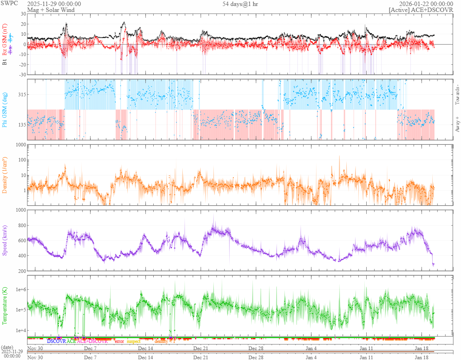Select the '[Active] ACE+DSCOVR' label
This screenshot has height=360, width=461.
tap(421, 10)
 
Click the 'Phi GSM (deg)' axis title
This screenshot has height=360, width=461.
tap(5, 109)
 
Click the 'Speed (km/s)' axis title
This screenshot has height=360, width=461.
tap(5, 240)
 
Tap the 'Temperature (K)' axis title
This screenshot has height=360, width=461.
tap(5, 306)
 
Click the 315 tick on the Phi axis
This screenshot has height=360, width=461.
tap(21, 94)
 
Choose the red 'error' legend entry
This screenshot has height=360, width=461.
tap(119, 341)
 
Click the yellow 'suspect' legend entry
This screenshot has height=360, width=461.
tap(133, 341)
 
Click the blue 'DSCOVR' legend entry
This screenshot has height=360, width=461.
tap(56, 341)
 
